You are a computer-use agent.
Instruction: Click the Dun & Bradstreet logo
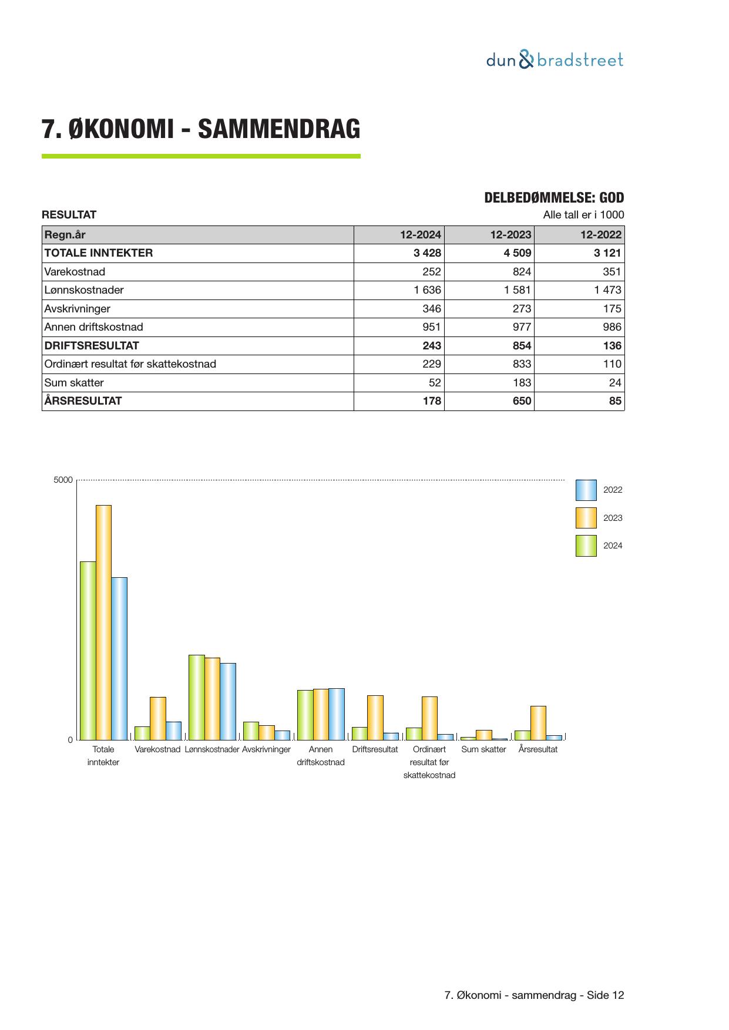pos(555,60)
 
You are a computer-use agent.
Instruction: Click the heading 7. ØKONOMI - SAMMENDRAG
pos(201,129)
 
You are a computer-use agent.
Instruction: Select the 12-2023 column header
pos(510,235)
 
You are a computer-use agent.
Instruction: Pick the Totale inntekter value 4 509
pos(517,253)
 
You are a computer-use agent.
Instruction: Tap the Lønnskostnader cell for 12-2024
pos(427,290)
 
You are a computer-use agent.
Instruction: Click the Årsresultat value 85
pos(615,401)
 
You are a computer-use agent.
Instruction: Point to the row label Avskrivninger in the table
pos(78,309)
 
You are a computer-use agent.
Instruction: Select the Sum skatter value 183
pos(522,383)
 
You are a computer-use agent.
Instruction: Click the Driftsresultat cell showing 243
pos(432,346)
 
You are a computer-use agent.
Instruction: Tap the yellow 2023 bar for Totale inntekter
pos(103,622)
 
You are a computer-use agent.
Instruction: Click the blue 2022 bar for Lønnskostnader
pos(228,701)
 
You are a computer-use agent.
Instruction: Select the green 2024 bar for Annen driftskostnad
pos(305,715)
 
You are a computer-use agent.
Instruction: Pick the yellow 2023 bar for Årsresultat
pos(538,723)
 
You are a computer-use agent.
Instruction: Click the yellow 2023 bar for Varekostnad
pos(158,718)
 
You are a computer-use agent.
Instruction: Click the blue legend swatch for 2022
pos(586,490)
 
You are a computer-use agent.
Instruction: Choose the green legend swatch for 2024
pos(586,546)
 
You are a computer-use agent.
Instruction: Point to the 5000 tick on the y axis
pos(63,480)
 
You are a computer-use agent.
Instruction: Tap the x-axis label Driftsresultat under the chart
pos(375,749)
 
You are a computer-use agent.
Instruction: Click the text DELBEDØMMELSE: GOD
pos(554,198)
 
